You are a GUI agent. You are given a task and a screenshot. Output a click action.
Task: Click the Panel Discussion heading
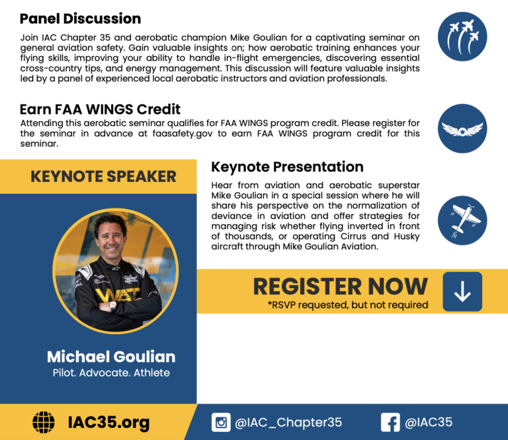(x=80, y=19)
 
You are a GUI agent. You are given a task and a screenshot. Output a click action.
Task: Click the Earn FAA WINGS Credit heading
(x=100, y=110)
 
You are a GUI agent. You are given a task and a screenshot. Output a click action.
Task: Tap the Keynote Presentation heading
(x=287, y=167)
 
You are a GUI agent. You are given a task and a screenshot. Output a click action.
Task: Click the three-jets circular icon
(x=462, y=36)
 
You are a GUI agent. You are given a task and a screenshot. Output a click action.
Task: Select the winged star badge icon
(x=462, y=128)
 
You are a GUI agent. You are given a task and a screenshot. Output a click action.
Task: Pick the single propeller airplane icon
(x=462, y=220)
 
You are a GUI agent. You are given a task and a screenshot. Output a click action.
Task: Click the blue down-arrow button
(x=462, y=292)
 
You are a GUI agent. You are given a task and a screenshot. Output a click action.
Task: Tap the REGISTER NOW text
(x=341, y=286)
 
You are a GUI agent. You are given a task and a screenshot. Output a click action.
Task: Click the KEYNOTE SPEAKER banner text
(x=103, y=177)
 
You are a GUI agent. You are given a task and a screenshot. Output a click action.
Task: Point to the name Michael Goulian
(x=111, y=357)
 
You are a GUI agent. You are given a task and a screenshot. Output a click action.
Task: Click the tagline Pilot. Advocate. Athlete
(x=111, y=373)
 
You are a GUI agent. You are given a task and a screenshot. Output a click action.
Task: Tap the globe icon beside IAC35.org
(x=44, y=423)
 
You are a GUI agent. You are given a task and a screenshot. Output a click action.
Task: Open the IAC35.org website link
(x=109, y=423)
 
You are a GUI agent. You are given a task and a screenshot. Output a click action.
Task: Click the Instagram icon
(x=221, y=423)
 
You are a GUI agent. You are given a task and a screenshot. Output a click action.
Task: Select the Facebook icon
(x=390, y=423)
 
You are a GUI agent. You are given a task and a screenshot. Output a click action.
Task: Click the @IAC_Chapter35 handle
(x=288, y=423)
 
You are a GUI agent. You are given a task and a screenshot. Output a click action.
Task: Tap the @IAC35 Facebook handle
(x=429, y=422)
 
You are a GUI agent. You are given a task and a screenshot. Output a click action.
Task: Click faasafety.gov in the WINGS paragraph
(x=183, y=134)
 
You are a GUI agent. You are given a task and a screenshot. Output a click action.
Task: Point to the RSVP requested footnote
(x=348, y=305)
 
